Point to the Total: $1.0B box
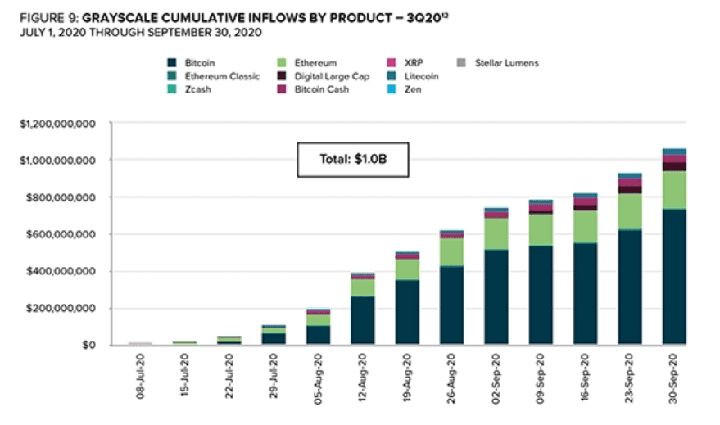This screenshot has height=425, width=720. [352, 160]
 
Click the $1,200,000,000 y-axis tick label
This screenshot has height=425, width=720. [57, 124]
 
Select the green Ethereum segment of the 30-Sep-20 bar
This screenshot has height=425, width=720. [674, 190]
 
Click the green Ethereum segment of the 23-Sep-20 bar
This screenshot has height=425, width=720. [629, 211]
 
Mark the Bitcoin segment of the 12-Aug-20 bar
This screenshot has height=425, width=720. [362, 320]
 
